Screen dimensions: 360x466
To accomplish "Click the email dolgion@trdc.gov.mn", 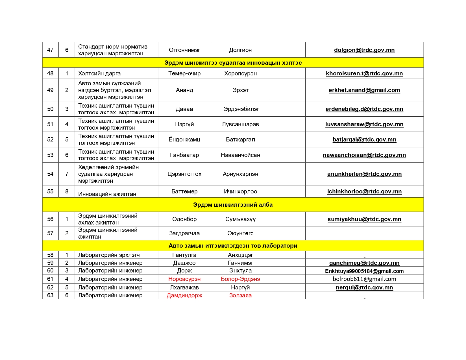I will click(x=364, y=50).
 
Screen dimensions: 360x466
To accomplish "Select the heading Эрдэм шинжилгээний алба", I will click(x=233, y=205).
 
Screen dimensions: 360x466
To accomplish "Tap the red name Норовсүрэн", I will click(x=184, y=279).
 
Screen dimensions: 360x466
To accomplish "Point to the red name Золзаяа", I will click(x=240, y=295).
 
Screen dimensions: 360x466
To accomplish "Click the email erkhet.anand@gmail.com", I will click(x=364, y=90).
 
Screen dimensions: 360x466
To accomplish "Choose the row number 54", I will click(x=50, y=174).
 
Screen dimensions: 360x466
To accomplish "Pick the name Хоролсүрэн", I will click(x=240, y=73).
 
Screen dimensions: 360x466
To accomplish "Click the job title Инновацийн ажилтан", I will click(x=107, y=194).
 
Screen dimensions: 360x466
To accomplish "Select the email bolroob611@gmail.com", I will click(x=364, y=279).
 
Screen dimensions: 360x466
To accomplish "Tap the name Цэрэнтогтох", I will click(x=184, y=174).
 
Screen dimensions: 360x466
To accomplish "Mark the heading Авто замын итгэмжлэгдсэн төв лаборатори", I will click(x=233, y=246).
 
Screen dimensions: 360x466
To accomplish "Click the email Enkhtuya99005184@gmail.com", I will click(x=364, y=271).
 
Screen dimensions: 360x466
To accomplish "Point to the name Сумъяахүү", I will click(x=240, y=219).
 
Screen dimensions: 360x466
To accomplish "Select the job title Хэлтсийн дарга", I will click(x=99, y=73).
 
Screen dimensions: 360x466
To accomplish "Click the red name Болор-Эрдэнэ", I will click(x=240, y=279).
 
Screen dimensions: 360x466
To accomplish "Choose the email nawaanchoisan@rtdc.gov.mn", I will click(x=364, y=155).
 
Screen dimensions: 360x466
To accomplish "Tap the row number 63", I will click(x=50, y=295).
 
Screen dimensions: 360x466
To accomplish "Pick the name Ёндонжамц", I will click(x=184, y=139).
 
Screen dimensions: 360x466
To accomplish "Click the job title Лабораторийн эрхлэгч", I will click(x=109, y=255).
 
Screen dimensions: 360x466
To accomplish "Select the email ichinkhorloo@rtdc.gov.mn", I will click(x=364, y=191).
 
